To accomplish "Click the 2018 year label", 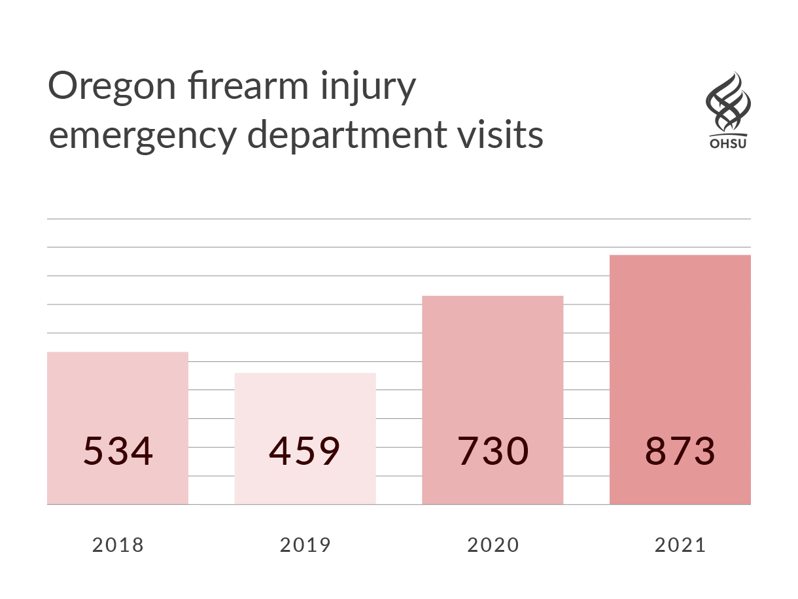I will pos(118,545).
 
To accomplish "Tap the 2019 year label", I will pos(305,545).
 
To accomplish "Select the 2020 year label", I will pos(493,545).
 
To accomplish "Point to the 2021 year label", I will pos(680,545).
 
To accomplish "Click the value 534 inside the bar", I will pos(118,451).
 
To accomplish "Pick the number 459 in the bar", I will pos(305,451).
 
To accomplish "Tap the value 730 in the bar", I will pos(493,451).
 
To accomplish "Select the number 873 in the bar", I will pos(680,451).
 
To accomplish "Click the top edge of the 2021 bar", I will pos(680,255).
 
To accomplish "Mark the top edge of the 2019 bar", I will pos(305,373).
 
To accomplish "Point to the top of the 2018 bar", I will pos(118,352).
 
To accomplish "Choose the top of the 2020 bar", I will pos(493,296).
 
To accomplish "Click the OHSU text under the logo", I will pos(727,141).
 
